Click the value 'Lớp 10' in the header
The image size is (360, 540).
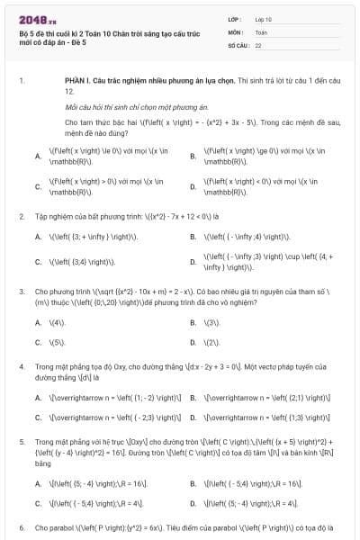pyautogui.click(x=265, y=18)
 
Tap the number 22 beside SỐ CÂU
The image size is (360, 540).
pyautogui.click(x=259, y=44)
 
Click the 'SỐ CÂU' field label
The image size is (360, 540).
pyautogui.click(x=238, y=44)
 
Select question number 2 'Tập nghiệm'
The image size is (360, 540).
pyautogui.click(x=21, y=216)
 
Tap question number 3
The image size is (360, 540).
pyautogui.click(x=21, y=292)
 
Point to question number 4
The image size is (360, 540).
pyautogui.click(x=21, y=367)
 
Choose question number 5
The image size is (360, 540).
pyautogui.click(x=21, y=443)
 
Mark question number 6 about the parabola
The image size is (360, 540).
pyautogui.click(x=21, y=526)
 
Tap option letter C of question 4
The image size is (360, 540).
pyautogui.click(x=38, y=418)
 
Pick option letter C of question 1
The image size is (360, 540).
pyautogui.click(x=38, y=186)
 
